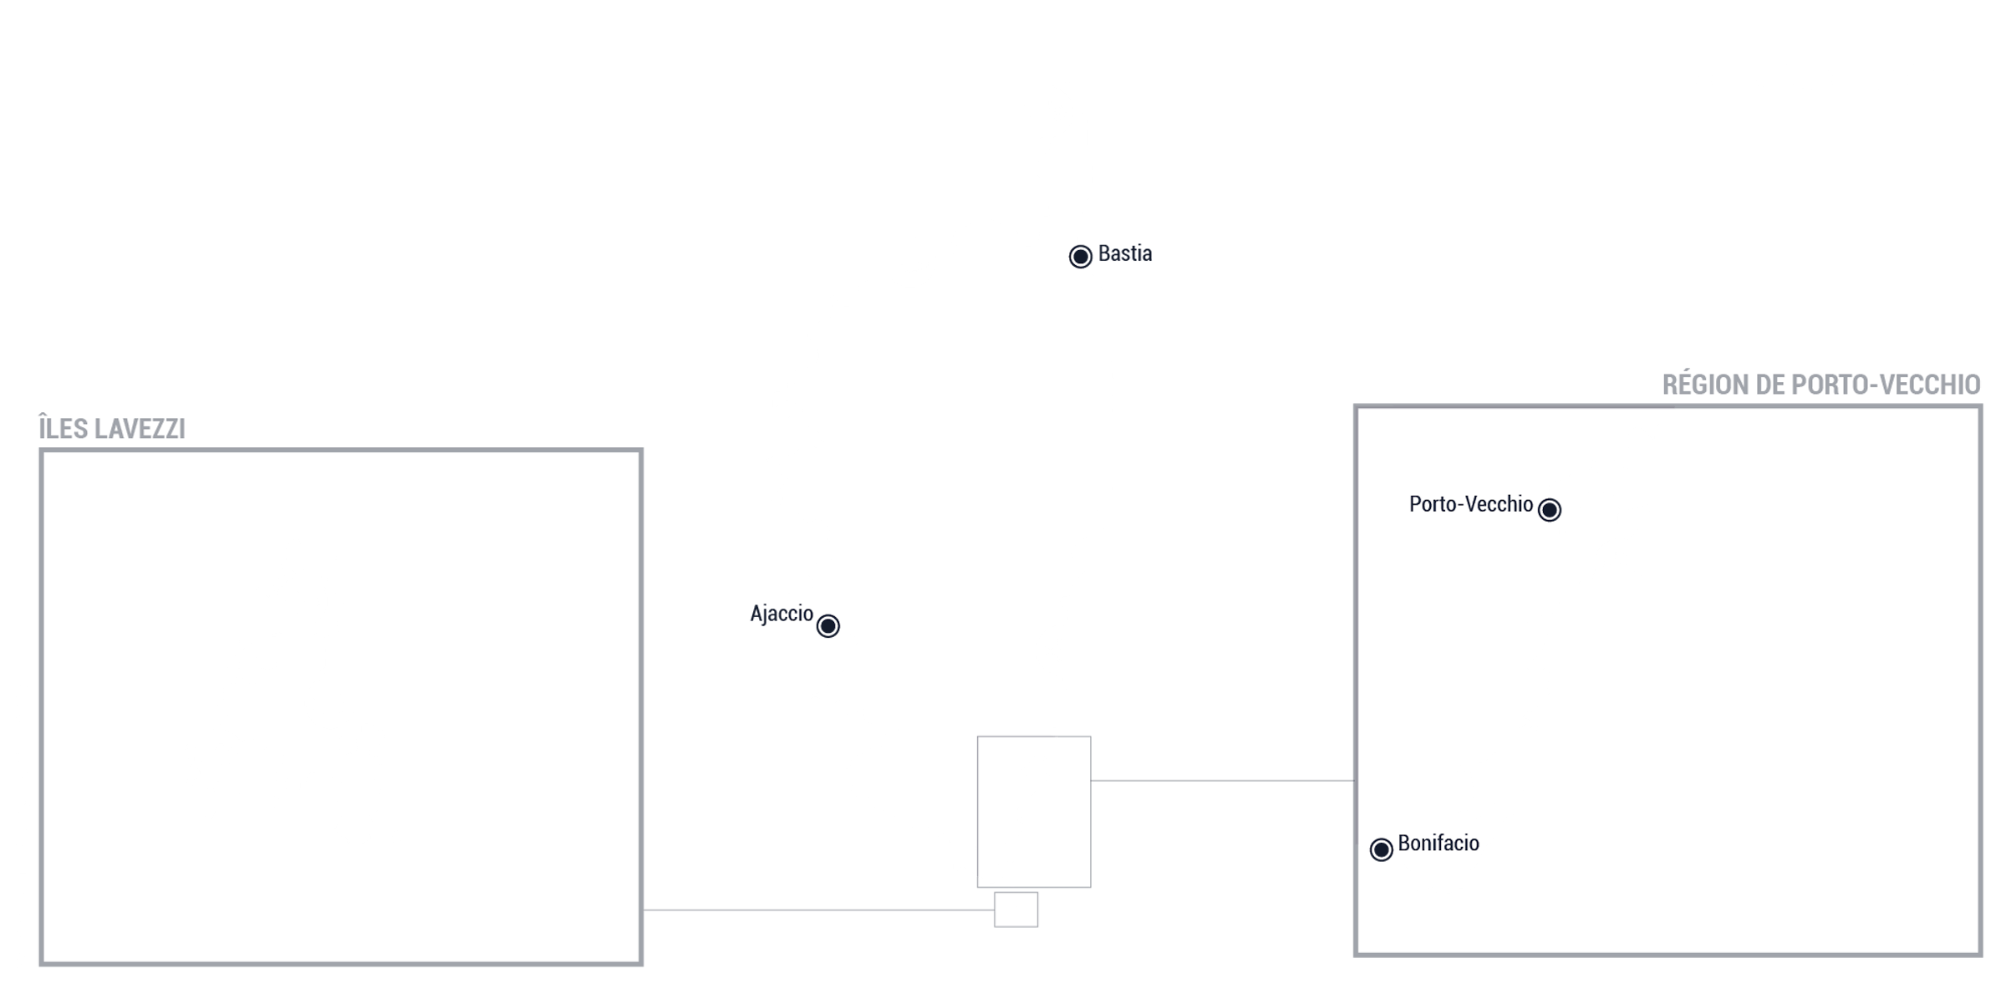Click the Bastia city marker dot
(1080, 256)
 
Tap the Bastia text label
(1124, 253)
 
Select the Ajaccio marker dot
(827, 625)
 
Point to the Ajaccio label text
(781, 614)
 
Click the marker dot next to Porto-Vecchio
(1549, 509)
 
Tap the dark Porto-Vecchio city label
(1470, 504)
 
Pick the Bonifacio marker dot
(1381, 849)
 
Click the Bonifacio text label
(1438, 843)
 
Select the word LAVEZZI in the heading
(140, 429)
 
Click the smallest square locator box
(1016, 910)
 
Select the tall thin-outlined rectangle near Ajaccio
(1034, 737)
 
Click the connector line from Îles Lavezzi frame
(818, 910)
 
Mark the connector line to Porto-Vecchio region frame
(1222, 781)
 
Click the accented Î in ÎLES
(43, 426)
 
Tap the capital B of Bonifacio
(1403, 843)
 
